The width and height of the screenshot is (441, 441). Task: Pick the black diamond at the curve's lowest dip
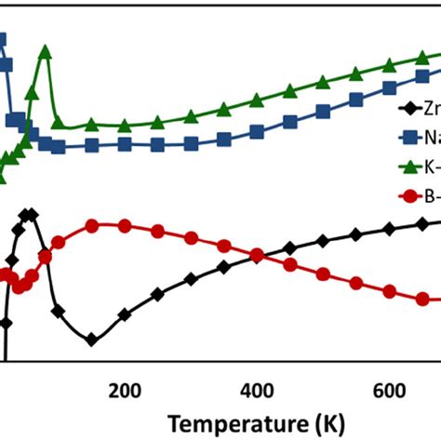[91, 340]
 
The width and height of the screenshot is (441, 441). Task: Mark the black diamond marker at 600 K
[390, 231]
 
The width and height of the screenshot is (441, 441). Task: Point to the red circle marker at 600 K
[390, 290]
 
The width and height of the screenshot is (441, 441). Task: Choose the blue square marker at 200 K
[124, 144]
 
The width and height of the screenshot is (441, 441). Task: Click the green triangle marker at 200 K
[124, 124]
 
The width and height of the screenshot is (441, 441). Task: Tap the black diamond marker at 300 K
[190, 279]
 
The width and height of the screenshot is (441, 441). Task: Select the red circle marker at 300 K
[190, 236]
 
